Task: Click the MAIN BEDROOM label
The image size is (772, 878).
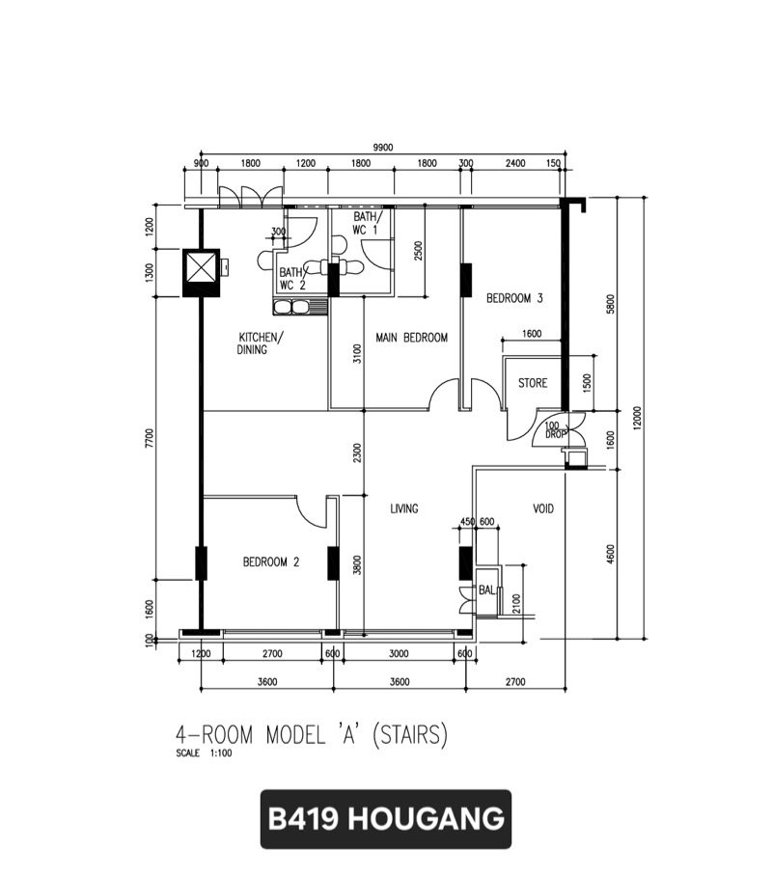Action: [x=411, y=338]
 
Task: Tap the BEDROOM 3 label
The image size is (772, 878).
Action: [x=514, y=298]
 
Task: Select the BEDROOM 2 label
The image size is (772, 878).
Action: [x=271, y=562]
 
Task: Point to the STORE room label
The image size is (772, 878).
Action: [x=533, y=383]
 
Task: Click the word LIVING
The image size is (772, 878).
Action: [x=404, y=508]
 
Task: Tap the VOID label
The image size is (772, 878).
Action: [x=543, y=508]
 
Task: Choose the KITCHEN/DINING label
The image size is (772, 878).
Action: [x=261, y=343]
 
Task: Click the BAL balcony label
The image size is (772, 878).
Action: [x=486, y=590]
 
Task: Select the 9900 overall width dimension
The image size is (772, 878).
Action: [x=383, y=148]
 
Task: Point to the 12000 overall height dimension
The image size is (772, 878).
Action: [x=638, y=419]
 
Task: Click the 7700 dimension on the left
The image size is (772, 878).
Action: [x=149, y=438]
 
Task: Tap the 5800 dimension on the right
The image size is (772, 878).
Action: [x=611, y=304]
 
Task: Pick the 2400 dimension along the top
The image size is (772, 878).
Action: [x=515, y=163]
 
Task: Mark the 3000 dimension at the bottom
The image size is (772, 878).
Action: [x=399, y=653]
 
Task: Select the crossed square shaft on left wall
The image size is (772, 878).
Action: [x=201, y=273]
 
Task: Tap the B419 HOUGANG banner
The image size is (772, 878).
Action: [x=386, y=818]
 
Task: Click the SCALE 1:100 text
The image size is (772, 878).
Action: [x=204, y=754]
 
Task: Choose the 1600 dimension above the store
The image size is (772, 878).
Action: [x=532, y=334]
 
